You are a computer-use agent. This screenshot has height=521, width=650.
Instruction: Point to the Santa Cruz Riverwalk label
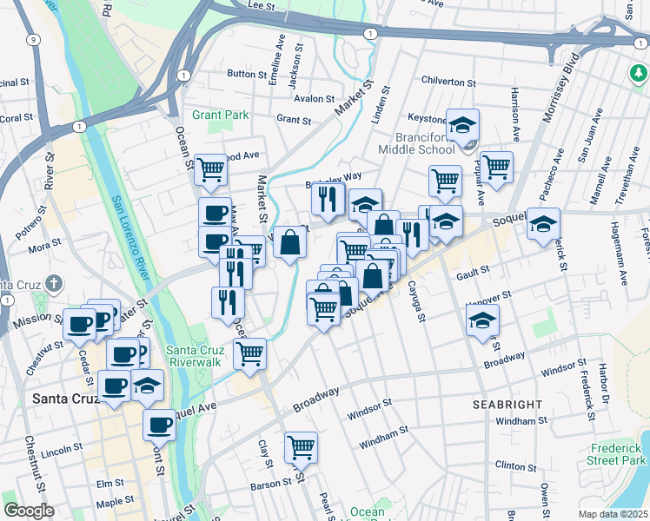pos(196,356)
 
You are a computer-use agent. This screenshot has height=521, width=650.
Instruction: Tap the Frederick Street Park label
pos(618,453)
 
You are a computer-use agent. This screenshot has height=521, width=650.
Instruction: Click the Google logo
pos(29,511)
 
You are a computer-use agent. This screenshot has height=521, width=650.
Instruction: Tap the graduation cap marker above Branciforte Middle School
pos(463,124)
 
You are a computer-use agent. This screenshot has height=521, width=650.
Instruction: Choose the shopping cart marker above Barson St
pos(301,446)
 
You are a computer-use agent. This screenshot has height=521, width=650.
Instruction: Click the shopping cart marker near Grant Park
pos(210,169)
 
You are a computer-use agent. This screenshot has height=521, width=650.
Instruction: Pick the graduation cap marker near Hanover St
pos(482,320)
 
